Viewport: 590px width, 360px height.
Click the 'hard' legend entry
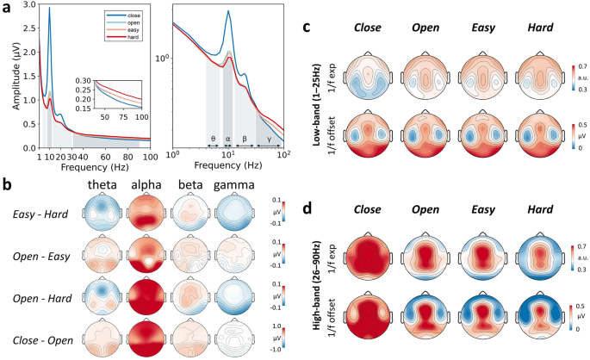[132, 38]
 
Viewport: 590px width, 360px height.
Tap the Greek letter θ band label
[213, 138]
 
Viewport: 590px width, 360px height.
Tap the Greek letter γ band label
[269, 138]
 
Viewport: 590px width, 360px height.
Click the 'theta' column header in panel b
[103, 183]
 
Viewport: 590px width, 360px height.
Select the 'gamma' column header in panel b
[233, 183]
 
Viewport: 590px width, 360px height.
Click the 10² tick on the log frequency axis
[283, 156]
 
